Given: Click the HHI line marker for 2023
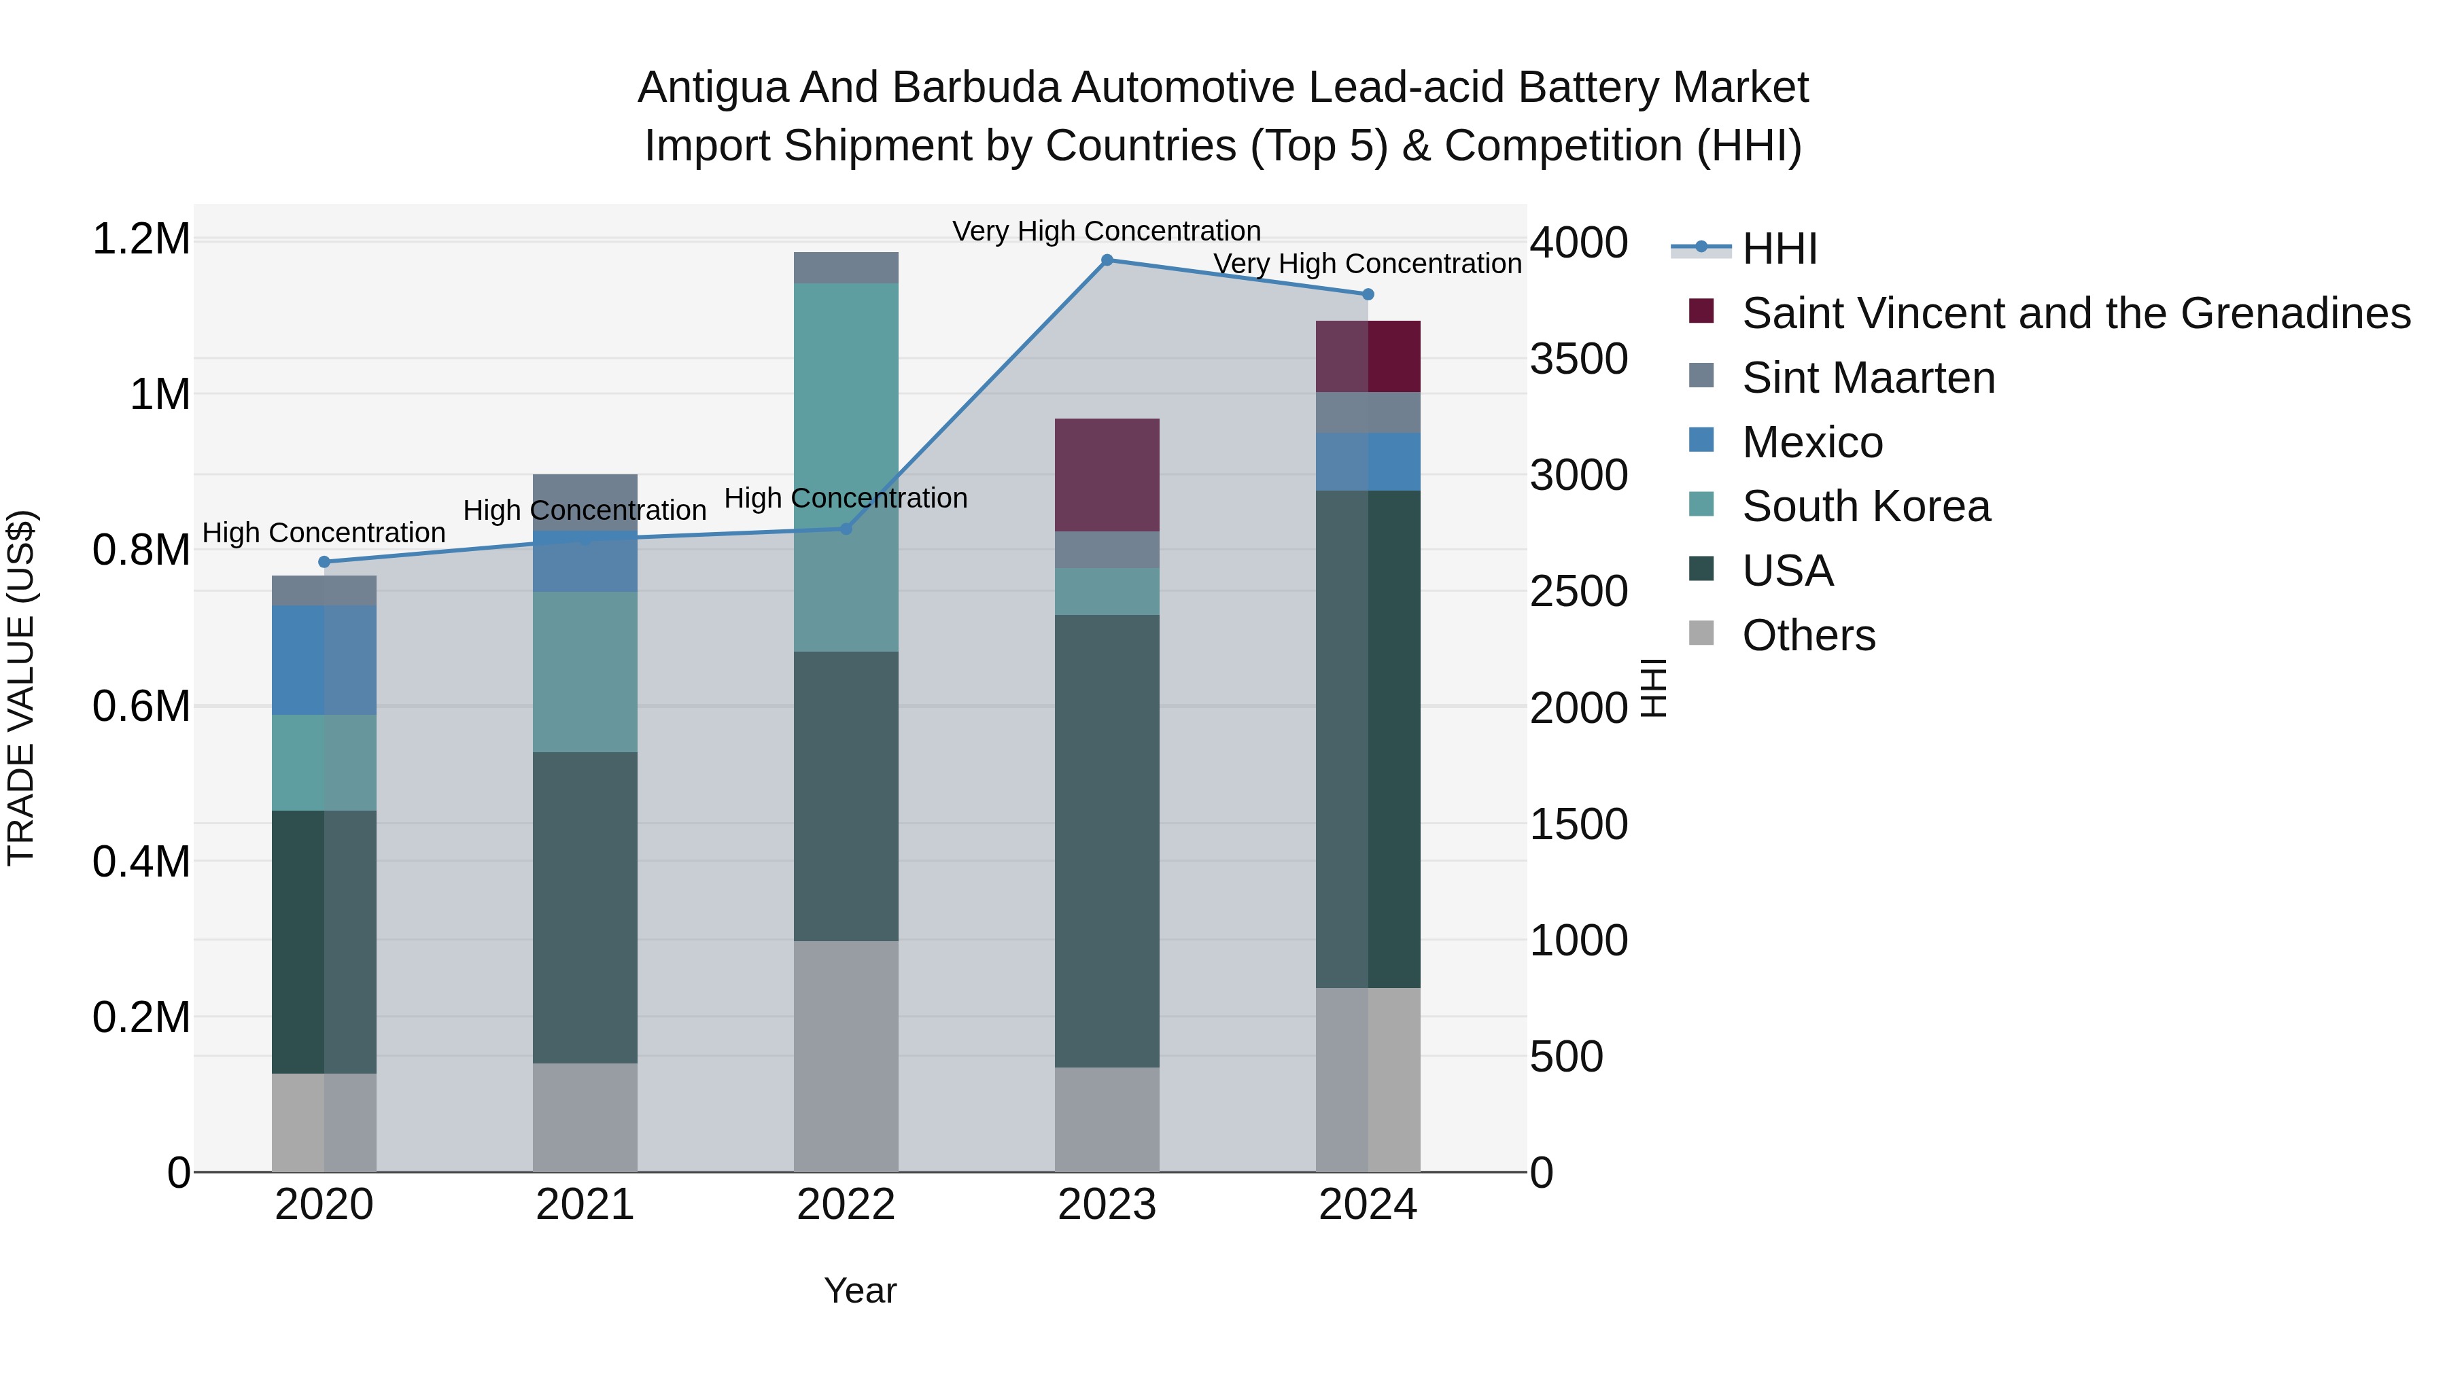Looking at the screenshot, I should point(1107,260).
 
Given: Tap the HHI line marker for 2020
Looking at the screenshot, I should point(324,562).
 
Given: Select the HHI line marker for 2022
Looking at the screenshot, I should point(846,529).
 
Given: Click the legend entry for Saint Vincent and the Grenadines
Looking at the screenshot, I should point(2076,313).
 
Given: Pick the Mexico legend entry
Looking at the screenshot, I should point(1811,442).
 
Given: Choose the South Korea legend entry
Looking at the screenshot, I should point(1866,506).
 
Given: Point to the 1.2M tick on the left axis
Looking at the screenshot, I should point(141,239).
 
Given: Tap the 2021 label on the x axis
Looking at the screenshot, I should point(585,1205).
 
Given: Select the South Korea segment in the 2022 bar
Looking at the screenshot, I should point(846,465).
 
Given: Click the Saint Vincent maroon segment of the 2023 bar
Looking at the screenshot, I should point(1107,475).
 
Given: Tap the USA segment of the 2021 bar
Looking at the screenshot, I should point(585,907).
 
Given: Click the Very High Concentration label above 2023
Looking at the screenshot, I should point(1107,231).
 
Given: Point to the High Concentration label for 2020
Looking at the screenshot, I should point(324,533).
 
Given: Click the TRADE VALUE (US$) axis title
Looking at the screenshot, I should point(21,688).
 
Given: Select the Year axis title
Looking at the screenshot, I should point(860,1290).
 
